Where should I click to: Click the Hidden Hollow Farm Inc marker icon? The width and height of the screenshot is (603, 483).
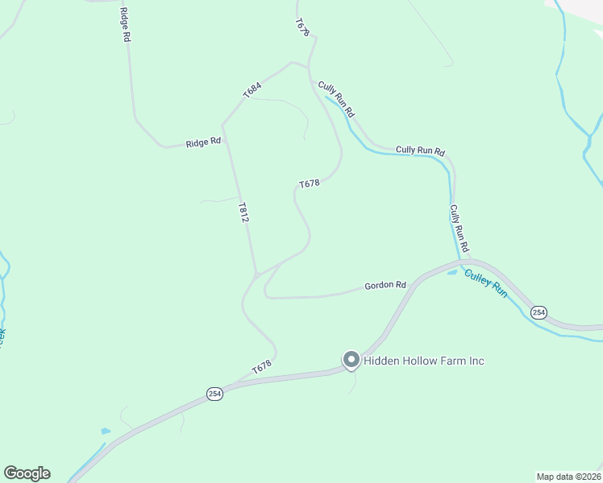pyautogui.click(x=351, y=360)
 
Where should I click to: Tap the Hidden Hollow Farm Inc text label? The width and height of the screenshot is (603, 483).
pyautogui.click(x=424, y=361)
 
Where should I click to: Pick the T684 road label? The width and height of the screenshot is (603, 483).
pyautogui.click(x=253, y=89)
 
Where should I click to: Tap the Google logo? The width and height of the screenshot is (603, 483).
pyautogui.click(x=27, y=473)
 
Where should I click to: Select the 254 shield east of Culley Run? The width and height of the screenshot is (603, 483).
pyautogui.click(x=539, y=312)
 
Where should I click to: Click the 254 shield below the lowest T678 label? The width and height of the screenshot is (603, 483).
pyautogui.click(x=214, y=394)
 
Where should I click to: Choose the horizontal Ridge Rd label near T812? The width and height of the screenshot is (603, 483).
pyautogui.click(x=203, y=142)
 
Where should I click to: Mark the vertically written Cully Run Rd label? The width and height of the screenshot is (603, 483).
pyautogui.click(x=459, y=227)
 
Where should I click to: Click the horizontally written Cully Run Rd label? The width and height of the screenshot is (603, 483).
pyautogui.click(x=420, y=151)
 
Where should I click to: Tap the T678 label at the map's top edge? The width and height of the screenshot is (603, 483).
pyautogui.click(x=302, y=27)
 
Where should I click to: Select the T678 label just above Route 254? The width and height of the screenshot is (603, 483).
pyautogui.click(x=260, y=367)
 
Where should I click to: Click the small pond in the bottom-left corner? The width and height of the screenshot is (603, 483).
pyautogui.click(x=105, y=431)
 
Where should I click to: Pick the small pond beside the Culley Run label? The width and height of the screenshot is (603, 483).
pyautogui.click(x=452, y=272)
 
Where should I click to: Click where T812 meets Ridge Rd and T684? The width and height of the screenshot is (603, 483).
pyautogui.click(x=222, y=126)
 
